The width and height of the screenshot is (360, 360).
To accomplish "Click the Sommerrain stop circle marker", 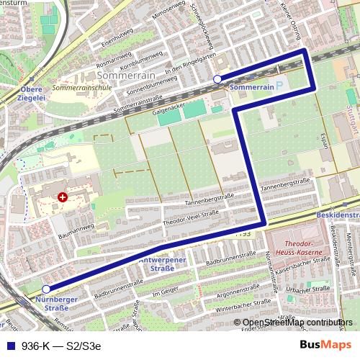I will click(x=217, y=80).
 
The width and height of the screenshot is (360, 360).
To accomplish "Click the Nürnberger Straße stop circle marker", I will click(x=47, y=289).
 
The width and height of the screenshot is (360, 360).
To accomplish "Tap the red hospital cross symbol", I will click(x=63, y=196).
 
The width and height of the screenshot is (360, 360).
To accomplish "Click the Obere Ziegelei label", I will click(x=16, y=94).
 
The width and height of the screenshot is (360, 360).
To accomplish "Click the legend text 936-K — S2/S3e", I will click(x=60, y=345).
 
